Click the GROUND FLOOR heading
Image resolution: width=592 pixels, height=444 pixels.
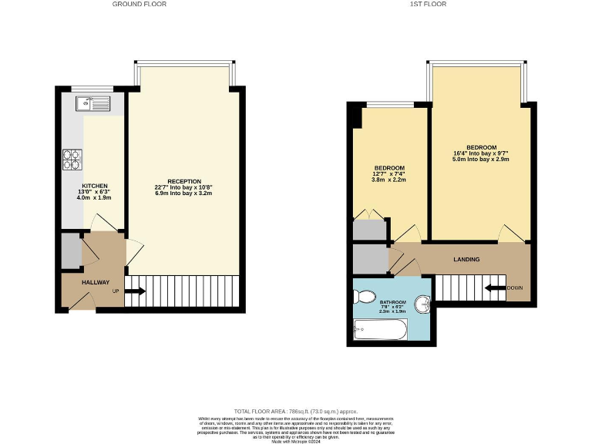coord(139,5)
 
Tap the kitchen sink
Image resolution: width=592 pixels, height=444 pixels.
coord(93,103)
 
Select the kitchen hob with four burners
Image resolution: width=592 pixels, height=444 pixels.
coord(72,159)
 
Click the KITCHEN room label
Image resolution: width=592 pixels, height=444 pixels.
coord(96,187)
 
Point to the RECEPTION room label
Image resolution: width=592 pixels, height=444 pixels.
coord(183,181)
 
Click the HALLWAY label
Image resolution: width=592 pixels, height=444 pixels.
coord(96,282)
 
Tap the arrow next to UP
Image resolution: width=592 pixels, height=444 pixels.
coord(135,291)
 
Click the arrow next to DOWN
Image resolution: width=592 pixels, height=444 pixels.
coord(494,288)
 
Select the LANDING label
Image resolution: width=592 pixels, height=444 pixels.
coord(466,260)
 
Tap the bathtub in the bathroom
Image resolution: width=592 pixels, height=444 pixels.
coord(379,331)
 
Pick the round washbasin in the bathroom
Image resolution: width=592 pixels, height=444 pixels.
coord(423,304)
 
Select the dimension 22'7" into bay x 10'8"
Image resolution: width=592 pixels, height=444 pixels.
coord(183,187)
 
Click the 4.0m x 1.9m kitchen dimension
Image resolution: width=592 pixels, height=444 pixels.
coord(96,199)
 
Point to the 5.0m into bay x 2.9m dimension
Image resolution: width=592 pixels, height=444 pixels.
coord(481,160)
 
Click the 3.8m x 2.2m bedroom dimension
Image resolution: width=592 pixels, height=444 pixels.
coord(388,180)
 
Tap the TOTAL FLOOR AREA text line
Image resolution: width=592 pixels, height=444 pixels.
coord(297,412)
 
